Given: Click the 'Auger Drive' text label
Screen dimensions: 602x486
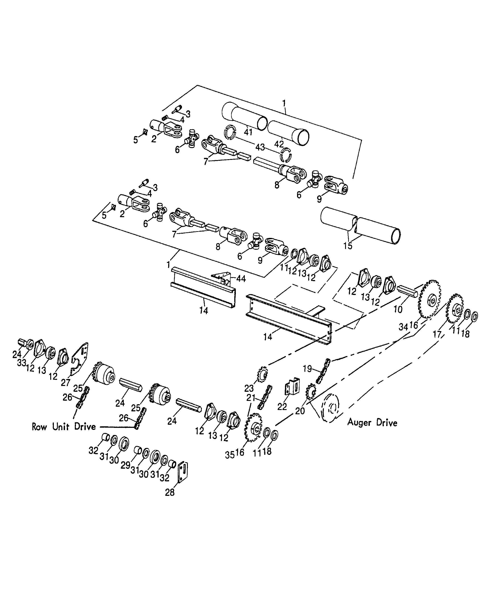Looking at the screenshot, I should (x=372, y=422).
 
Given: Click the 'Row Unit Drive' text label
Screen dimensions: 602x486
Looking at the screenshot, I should (x=64, y=427).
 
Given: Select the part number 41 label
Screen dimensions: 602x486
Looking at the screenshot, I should (x=248, y=132).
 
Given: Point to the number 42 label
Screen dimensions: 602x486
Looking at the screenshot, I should (x=279, y=144).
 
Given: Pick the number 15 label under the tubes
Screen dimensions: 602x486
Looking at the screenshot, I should (x=348, y=246).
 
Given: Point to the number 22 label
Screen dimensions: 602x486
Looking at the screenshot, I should (x=282, y=407).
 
